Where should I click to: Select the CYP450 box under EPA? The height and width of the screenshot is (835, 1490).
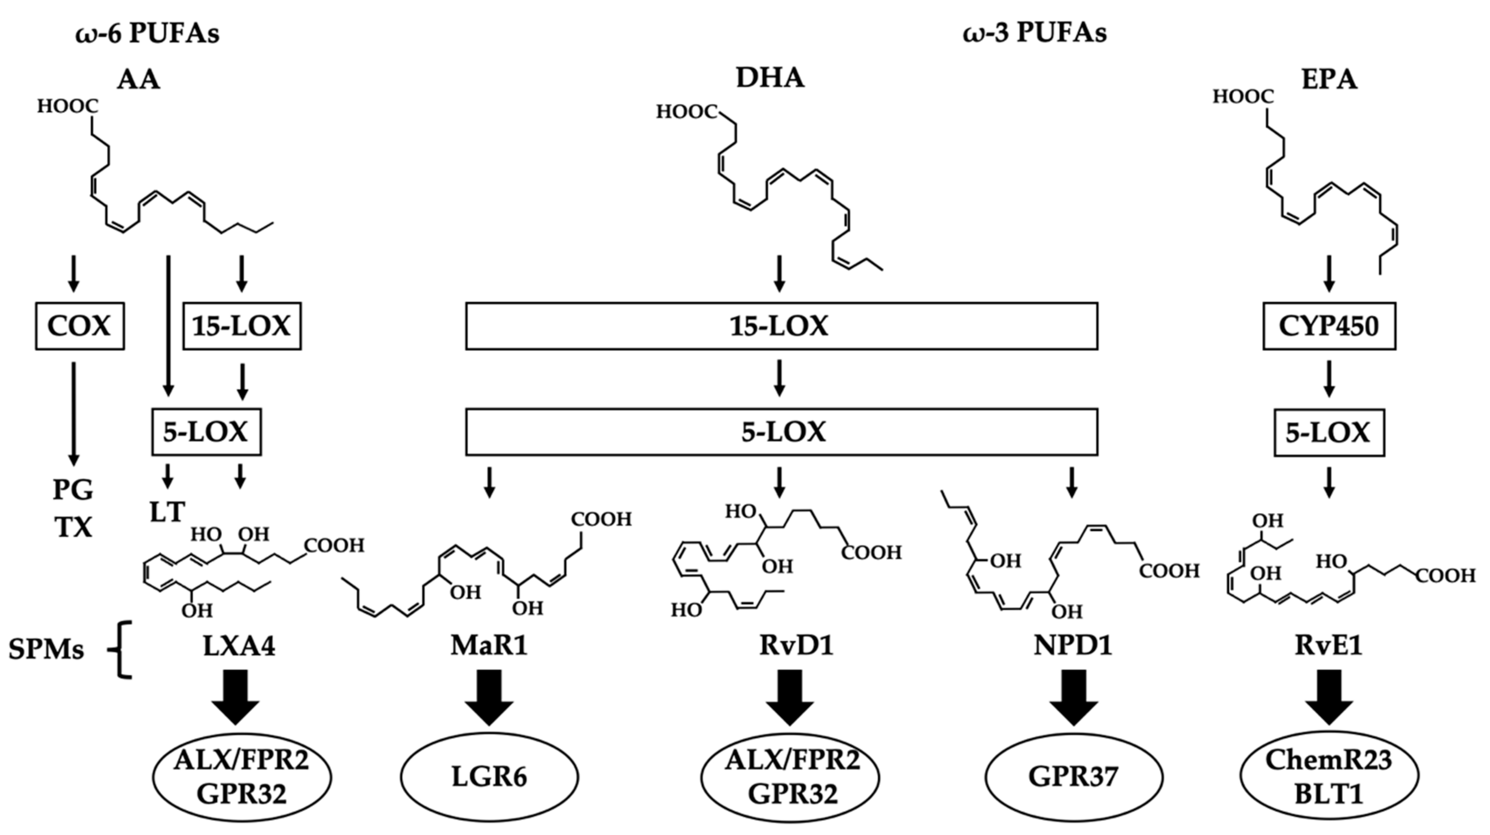click(1329, 326)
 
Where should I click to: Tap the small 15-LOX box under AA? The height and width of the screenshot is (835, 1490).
click(242, 326)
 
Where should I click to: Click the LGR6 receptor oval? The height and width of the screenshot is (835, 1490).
click(489, 777)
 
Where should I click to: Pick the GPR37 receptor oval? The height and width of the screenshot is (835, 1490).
click(1074, 777)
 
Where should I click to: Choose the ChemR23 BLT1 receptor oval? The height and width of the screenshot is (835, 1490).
click(1329, 777)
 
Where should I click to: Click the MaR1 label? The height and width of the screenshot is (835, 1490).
click(489, 645)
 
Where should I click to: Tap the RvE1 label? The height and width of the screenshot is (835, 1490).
click(1329, 645)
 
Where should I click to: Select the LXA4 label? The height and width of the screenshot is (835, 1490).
click(239, 645)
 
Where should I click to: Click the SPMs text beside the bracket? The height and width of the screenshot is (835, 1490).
click(46, 650)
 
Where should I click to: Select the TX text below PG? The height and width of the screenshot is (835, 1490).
click(74, 527)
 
